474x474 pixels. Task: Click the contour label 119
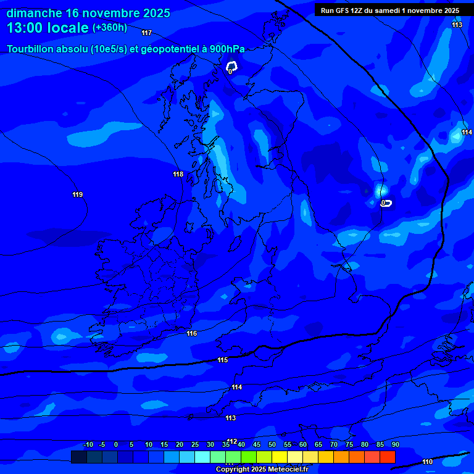(x=77, y=195)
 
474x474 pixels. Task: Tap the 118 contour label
(x=178, y=175)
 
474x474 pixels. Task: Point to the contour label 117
(x=146, y=33)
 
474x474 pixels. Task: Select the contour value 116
(x=192, y=334)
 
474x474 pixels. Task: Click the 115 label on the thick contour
(x=223, y=360)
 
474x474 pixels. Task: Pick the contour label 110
(x=428, y=462)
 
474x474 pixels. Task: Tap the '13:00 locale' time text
(x=48, y=28)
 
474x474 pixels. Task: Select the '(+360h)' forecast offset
(x=110, y=28)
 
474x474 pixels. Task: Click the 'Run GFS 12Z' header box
(x=390, y=10)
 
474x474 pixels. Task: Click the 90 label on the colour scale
(x=396, y=444)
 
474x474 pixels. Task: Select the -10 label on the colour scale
(x=88, y=444)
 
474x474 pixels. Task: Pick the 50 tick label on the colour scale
(x=272, y=444)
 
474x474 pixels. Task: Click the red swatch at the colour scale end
(x=387, y=457)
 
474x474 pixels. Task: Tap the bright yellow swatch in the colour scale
(x=279, y=457)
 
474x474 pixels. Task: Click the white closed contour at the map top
(x=231, y=66)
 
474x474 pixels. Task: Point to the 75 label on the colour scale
(x=349, y=444)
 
